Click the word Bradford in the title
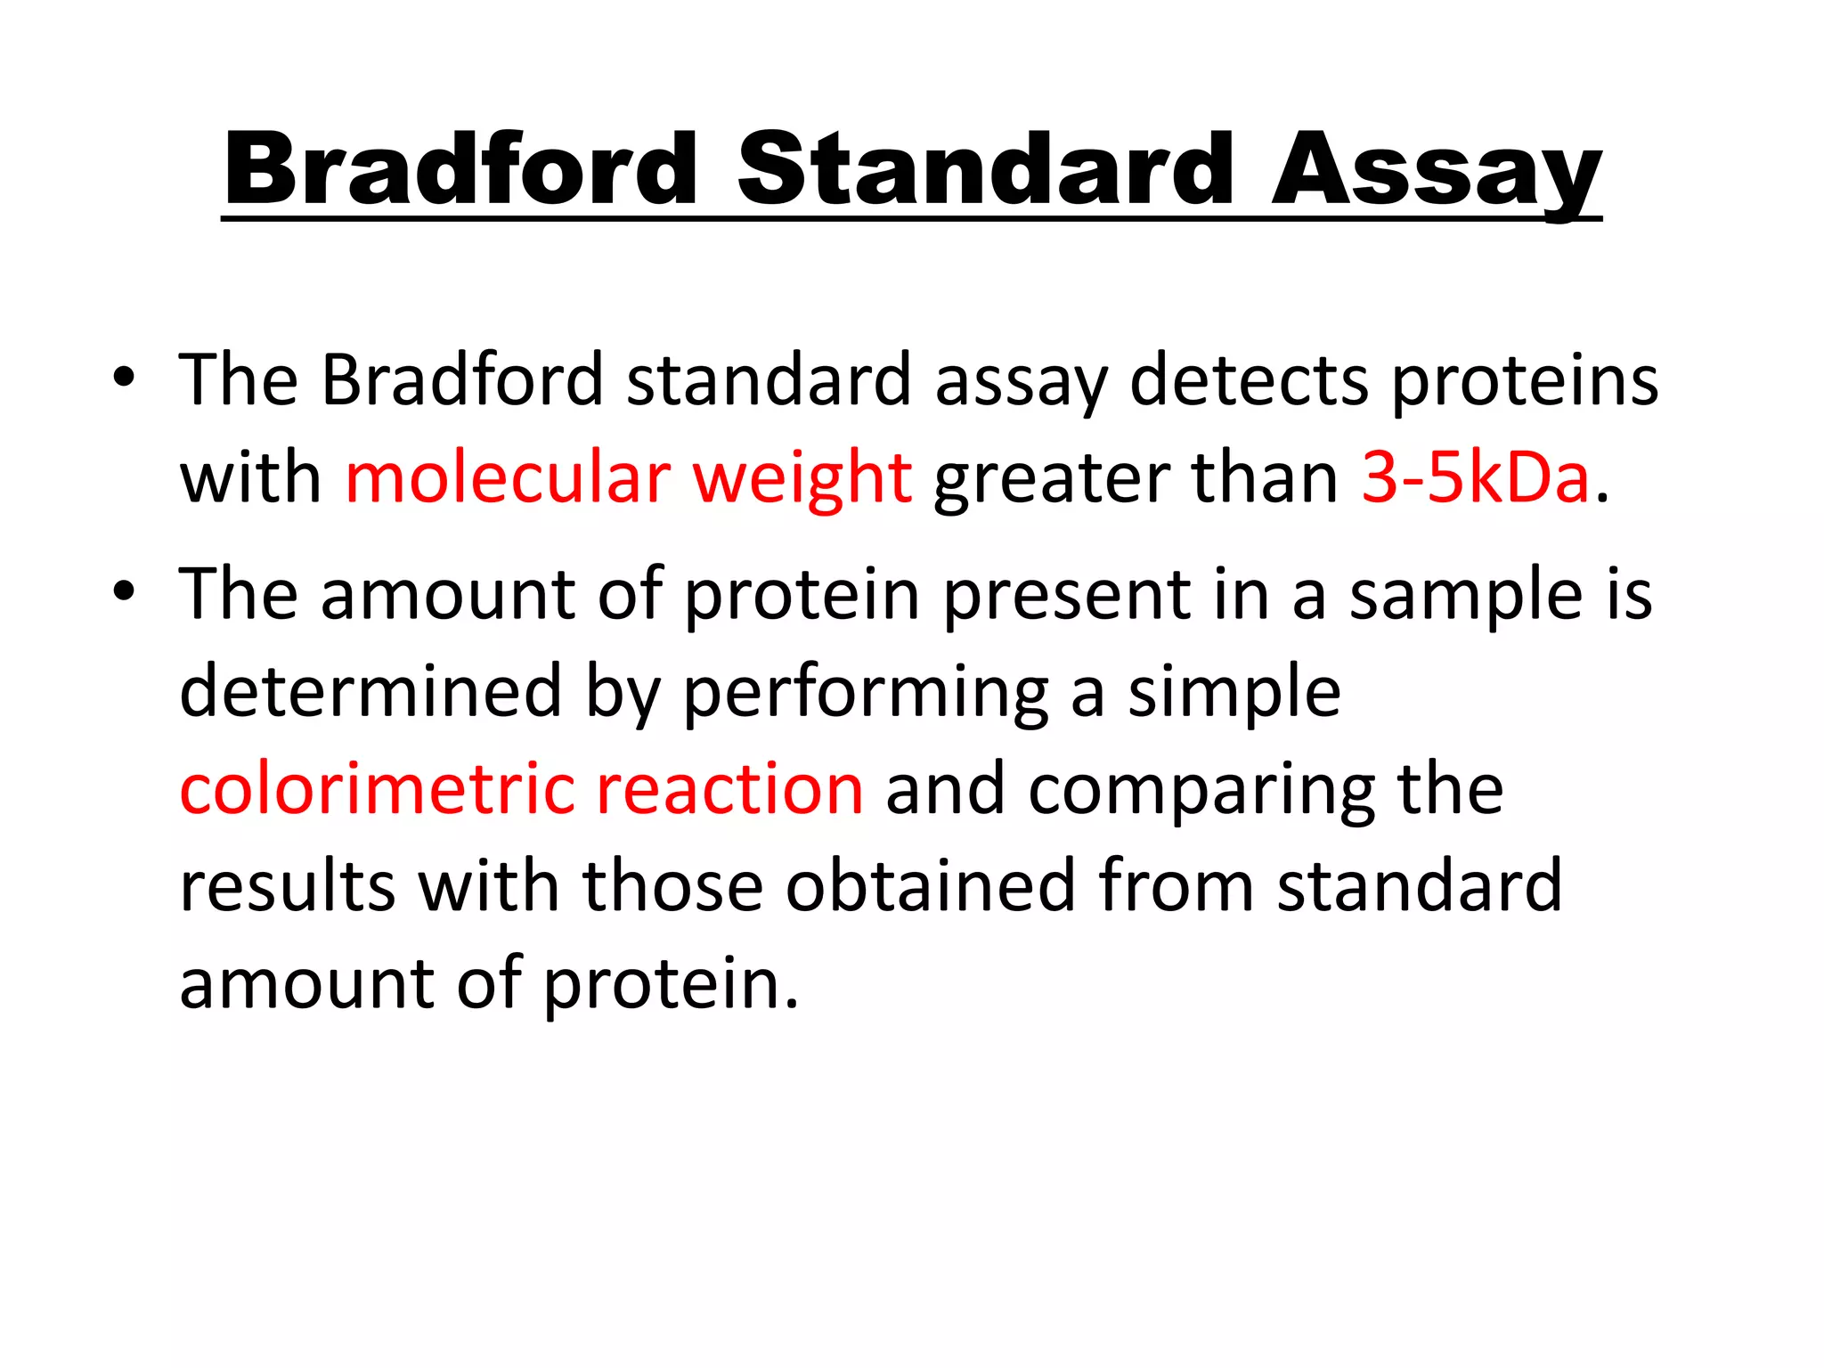point(460,169)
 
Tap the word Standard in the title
point(985,169)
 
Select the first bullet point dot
point(124,378)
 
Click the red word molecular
point(508,477)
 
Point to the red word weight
point(802,479)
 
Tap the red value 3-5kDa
point(1476,477)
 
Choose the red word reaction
point(729,788)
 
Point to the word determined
point(370,691)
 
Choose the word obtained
point(931,885)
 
